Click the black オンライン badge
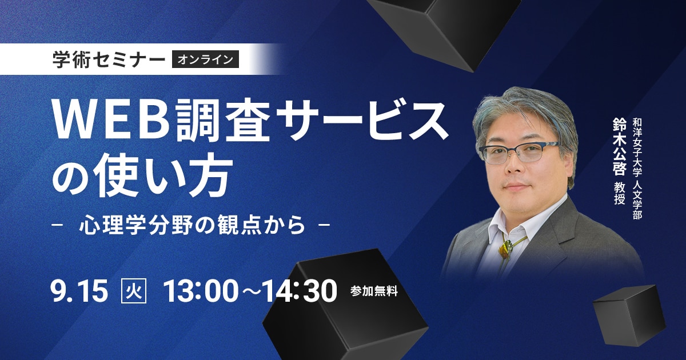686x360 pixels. pyautogui.click(x=205, y=59)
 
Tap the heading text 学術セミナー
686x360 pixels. pyautogui.click(x=109, y=59)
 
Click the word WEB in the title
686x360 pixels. pyautogui.click(x=112, y=119)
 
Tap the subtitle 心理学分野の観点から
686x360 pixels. pyautogui.click(x=192, y=225)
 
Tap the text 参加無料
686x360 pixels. pyautogui.click(x=374, y=291)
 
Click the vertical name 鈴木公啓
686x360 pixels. pyautogui.click(x=619, y=147)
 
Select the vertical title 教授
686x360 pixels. pyautogui.click(x=619, y=194)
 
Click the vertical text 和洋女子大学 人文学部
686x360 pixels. pyautogui.click(x=637, y=169)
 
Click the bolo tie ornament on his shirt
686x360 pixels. pyautogui.click(x=505, y=249)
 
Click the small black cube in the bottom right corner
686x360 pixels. pyautogui.click(x=628, y=315)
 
